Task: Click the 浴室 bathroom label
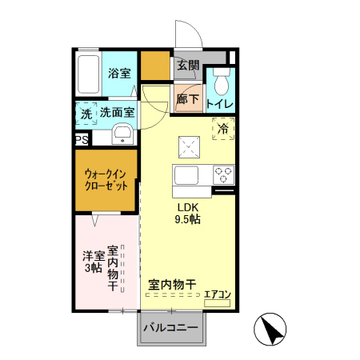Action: pyautogui.click(x=119, y=73)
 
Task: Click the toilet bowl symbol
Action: pyautogui.click(x=222, y=81)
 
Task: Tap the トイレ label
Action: pyautogui.click(x=220, y=104)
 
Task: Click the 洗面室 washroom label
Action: pyautogui.click(x=117, y=113)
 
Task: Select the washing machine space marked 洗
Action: pyautogui.click(x=86, y=114)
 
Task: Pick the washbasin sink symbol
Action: pyautogui.click(x=122, y=134)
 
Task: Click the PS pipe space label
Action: pyautogui.click(x=81, y=139)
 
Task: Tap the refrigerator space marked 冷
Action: pyautogui.click(x=222, y=127)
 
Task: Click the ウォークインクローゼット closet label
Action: pyautogui.click(x=106, y=179)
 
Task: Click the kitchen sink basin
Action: pyautogui.click(x=187, y=176)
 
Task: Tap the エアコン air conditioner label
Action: pyautogui.click(x=217, y=294)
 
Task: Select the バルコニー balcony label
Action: pyautogui.click(x=170, y=327)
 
